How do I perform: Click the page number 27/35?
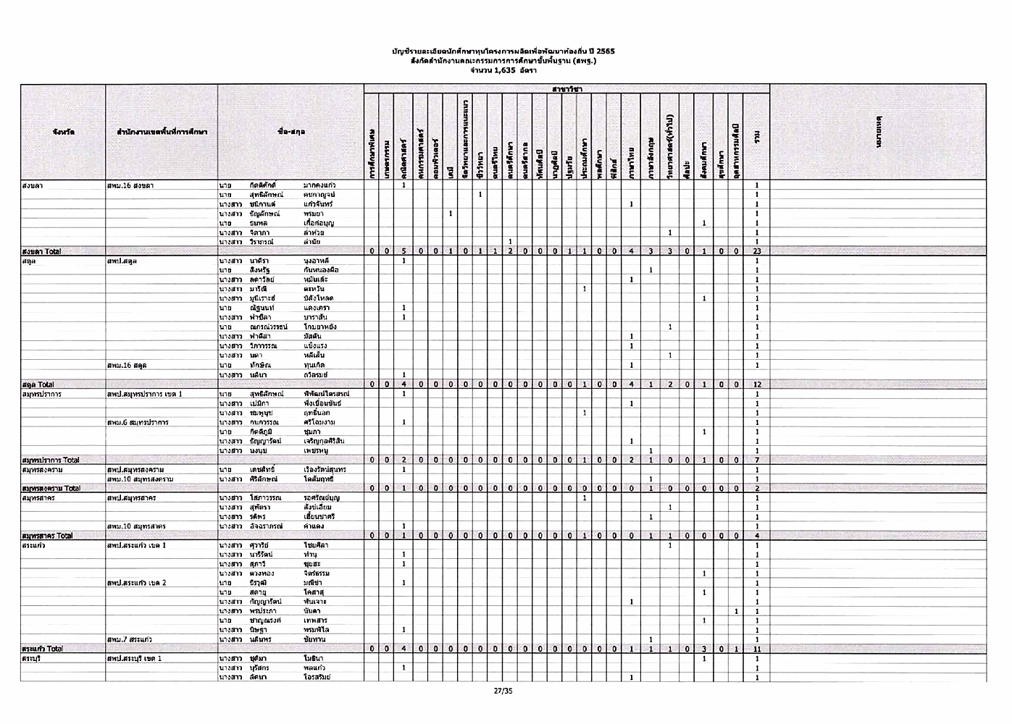click(x=503, y=691)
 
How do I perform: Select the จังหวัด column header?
click(x=63, y=132)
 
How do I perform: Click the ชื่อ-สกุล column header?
click(x=290, y=132)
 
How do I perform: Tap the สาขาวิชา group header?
click(x=566, y=89)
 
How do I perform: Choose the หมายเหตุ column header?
click(x=878, y=132)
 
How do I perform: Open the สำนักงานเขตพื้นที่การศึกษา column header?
click(x=162, y=132)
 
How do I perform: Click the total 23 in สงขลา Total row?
click(x=756, y=251)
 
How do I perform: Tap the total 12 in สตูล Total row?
click(x=756, y=384)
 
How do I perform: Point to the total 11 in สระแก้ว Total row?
click(x=756, y=649)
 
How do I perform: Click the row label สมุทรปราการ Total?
click(x=51, y=460)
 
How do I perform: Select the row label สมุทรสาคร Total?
click(x=48, y=536)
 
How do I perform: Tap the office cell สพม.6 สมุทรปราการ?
click(x=138, y=422)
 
